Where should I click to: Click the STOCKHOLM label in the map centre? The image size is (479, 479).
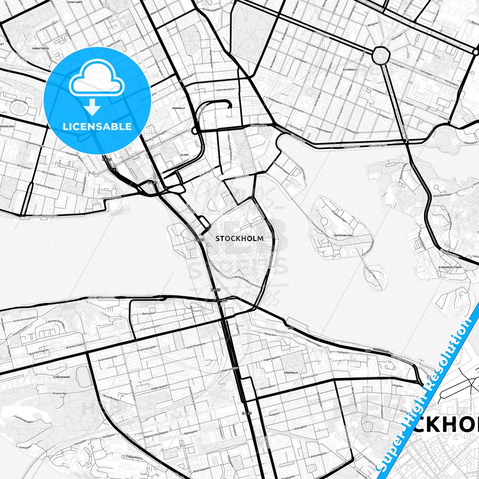pos(239,238)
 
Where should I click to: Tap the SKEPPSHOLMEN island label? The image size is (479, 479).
pos(343,235)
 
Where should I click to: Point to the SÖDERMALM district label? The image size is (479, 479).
pos(291,373)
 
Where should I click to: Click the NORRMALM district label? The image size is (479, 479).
pos(179,108)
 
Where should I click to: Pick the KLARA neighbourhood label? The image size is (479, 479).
pos(185,155)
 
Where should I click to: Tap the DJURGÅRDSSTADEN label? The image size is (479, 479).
pos(450,267)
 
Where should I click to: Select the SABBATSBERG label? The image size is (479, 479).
pos(41,48)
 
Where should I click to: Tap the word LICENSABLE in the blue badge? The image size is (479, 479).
pos(97,127)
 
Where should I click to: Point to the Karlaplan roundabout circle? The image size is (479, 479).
pos(381,55)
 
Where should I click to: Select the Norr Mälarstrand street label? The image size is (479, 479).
pos(45,215)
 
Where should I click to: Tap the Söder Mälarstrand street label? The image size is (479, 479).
pos(102,297)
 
